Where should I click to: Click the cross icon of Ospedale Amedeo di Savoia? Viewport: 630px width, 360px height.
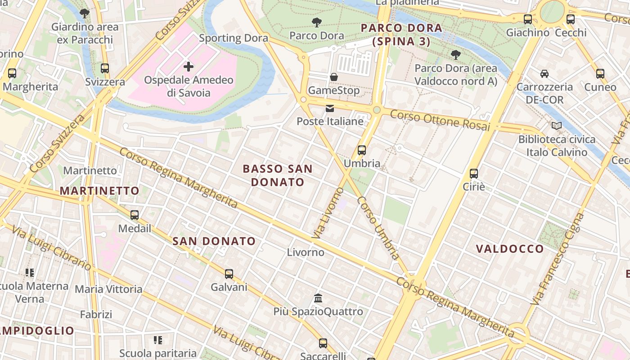189,67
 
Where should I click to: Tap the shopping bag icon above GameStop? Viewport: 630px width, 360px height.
333,77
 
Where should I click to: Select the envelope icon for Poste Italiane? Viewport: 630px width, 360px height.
330,108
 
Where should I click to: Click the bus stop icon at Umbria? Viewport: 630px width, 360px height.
362,150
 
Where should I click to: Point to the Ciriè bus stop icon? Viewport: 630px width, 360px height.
473,173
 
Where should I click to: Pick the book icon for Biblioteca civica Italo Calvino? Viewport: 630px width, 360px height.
557,126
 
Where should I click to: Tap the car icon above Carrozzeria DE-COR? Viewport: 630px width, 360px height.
544,73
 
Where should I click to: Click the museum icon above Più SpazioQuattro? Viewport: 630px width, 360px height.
318,298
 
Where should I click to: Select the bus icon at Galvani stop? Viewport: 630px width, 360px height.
229,274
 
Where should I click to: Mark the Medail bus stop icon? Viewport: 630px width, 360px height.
134,215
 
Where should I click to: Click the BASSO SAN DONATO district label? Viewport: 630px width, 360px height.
278,175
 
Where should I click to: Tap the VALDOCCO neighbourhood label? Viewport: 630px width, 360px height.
510,249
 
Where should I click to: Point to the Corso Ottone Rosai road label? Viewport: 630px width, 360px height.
440,121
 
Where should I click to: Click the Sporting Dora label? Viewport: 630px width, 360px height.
234,38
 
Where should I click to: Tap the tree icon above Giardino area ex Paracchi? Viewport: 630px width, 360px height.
84,13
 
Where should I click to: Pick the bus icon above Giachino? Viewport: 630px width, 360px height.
527,19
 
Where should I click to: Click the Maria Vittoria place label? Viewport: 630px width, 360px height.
108,289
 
